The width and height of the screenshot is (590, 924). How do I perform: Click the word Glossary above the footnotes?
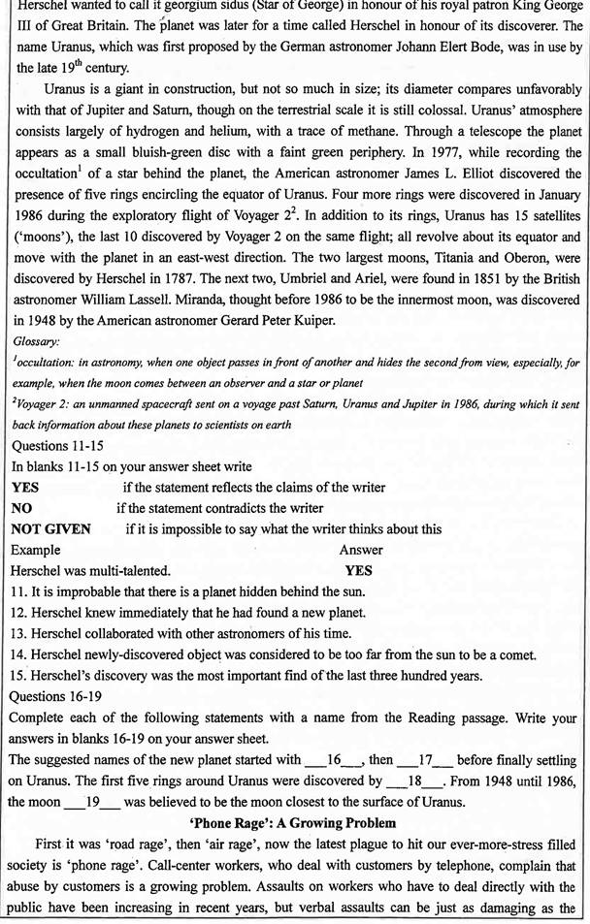pyautogui.click(x=38, y=341)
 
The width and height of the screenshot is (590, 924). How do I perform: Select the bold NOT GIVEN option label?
pyautogui.click(x=50, y=528)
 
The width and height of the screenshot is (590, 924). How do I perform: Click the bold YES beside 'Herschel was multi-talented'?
pyautogui.click(x=359, y=570)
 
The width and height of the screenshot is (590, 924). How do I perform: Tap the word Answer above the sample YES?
pyautogui.click(x=360, y=550)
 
